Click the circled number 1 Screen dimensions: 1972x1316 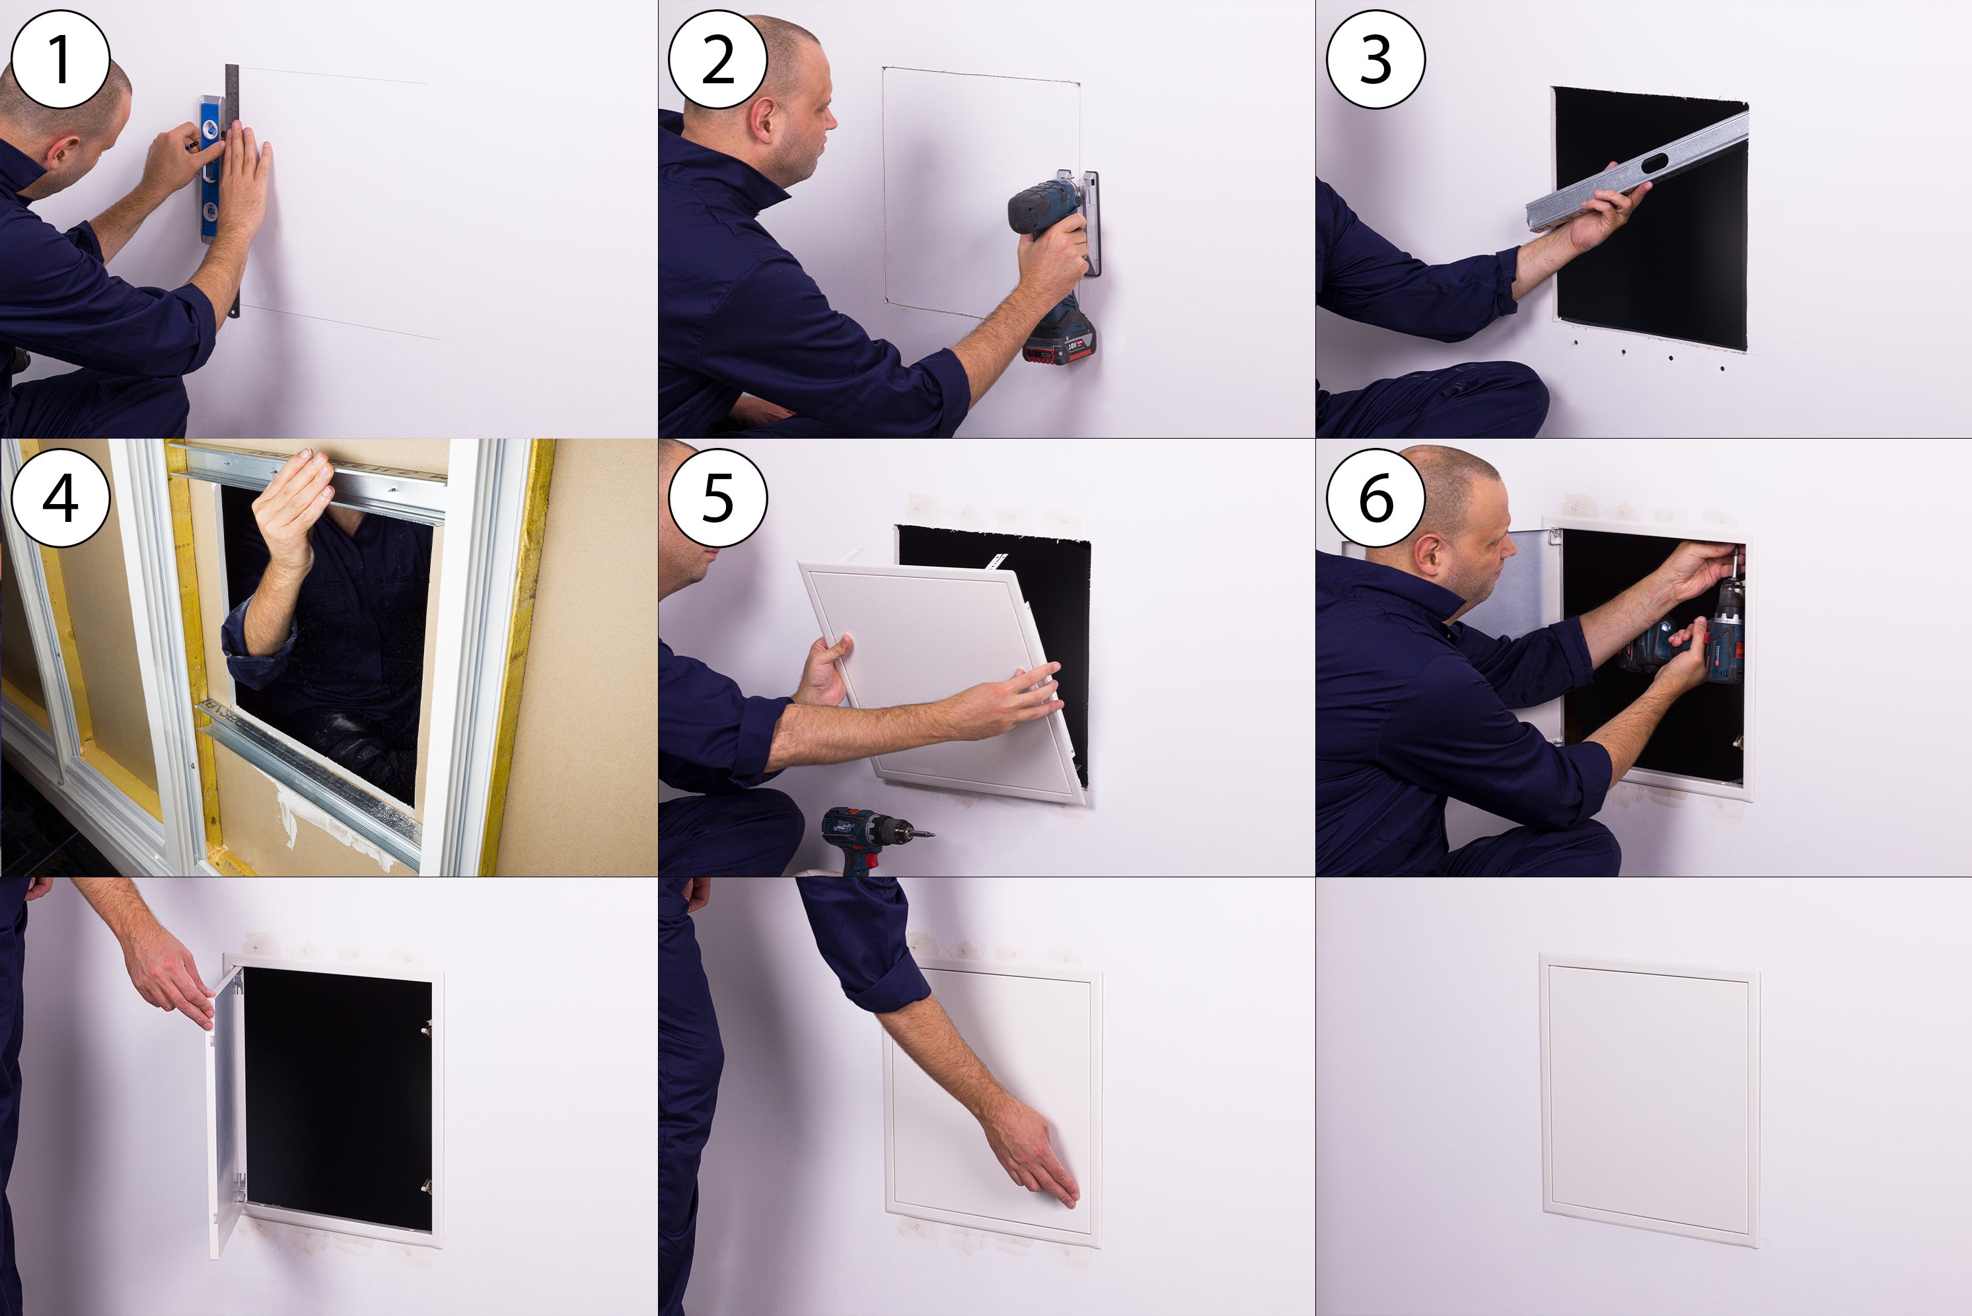59,59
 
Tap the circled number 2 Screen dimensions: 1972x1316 717,59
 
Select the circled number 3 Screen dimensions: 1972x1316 1375,59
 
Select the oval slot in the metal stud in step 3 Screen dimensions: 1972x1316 1654,163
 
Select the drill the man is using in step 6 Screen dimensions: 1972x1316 1687,638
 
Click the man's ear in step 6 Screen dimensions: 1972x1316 1428,556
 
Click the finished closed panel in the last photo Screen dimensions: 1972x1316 1650,1099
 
